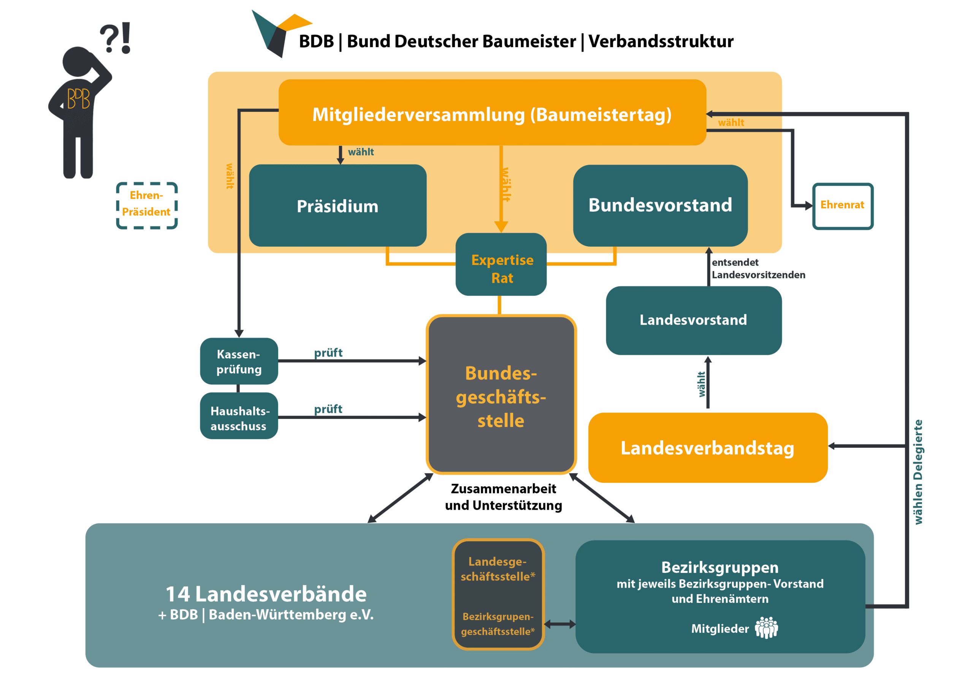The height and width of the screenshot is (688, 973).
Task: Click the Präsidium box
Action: [x=338, y=206]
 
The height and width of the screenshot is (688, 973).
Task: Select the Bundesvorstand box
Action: [x=660, y=205]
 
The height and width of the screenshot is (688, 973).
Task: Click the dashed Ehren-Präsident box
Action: [x=147, y=206]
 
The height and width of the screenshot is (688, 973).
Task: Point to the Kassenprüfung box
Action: [x=239, y=361]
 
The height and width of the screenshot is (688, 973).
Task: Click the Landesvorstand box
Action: [x=693, y=320]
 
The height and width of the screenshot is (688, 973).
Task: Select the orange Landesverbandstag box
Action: [x=707, y=448]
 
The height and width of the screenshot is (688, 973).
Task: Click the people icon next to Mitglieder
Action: [x=766, y=628]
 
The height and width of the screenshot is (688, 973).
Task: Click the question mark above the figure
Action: [x=109, y=38]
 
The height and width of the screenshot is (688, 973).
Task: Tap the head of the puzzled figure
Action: [x=77, y=62]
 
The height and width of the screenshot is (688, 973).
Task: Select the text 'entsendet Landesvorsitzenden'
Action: [x=758, y=268]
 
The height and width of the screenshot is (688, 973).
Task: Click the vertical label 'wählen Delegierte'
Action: [x=918, y=471]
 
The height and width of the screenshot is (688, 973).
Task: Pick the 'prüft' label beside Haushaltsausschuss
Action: [x=328, y=409]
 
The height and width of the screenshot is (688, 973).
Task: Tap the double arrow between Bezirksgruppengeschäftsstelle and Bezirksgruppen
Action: [x=559, y=624]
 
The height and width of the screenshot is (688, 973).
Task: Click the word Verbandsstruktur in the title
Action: [x=661, y=41]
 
